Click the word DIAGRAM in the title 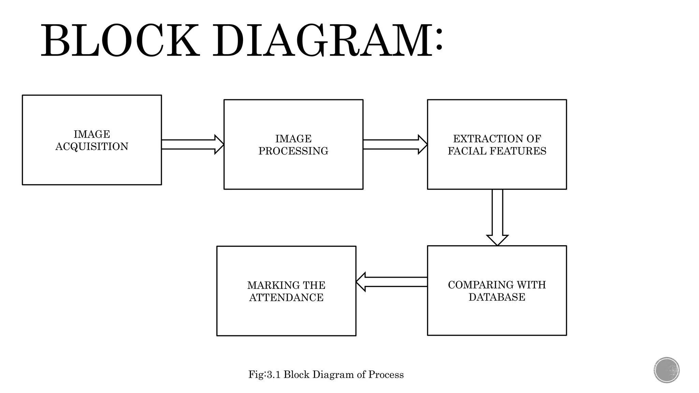323,41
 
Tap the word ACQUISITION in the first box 92,147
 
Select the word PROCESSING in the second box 293,151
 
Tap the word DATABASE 497,297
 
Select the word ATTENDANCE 286,297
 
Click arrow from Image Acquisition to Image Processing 192,144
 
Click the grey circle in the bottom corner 667,370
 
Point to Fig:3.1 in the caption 265,375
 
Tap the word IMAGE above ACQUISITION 92,134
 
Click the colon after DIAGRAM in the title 439,41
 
